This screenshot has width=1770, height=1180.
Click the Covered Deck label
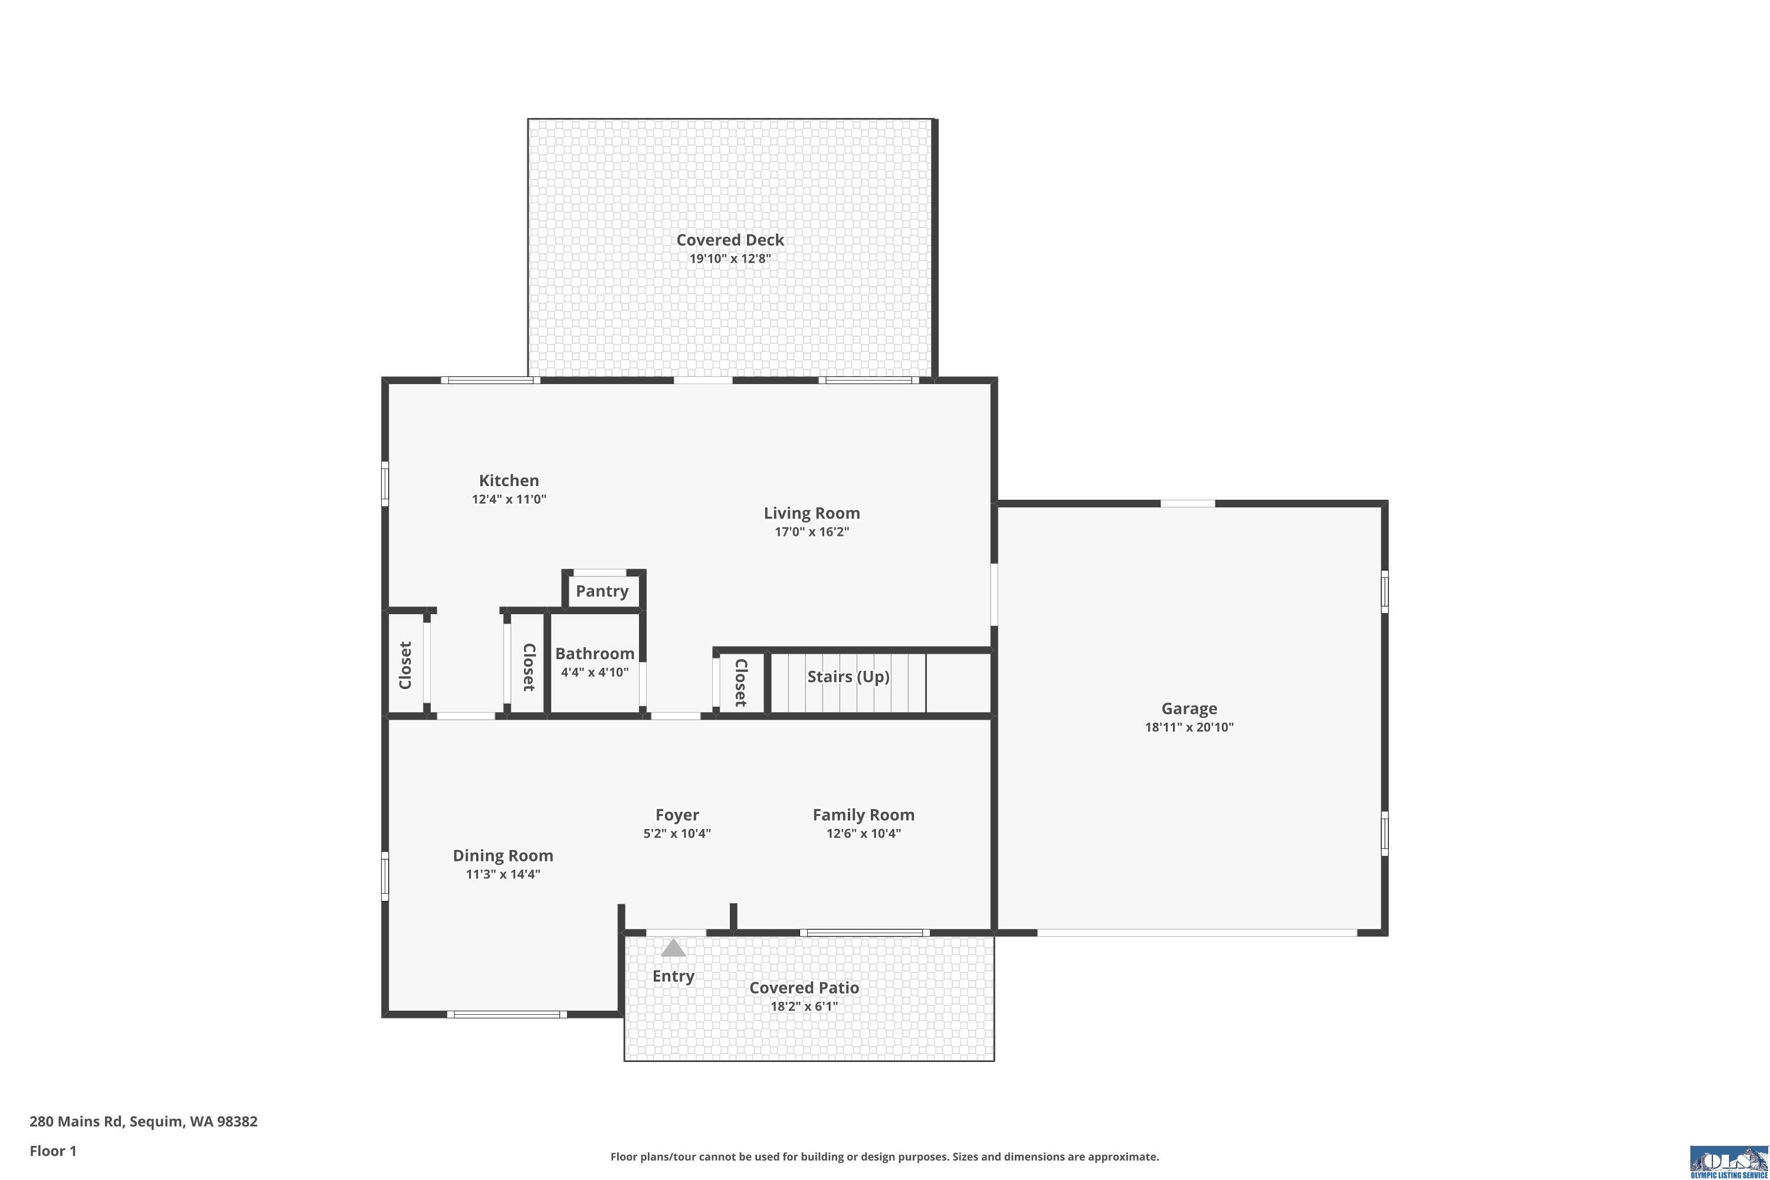(x=730, y=240)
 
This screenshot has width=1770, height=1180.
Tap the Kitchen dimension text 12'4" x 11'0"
(x=509, y=499)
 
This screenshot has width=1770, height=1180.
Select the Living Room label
(x=811, y=513)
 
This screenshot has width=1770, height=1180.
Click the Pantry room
(x=602, y=591)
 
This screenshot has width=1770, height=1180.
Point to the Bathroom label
(x=595, y=653)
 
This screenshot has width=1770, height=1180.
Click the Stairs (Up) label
(x=848, y=677)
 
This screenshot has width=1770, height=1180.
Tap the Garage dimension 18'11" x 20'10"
(x=1189, y=727)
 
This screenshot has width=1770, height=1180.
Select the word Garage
(x=1189, y=708)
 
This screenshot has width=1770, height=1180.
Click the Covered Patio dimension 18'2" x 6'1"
(x=804, y=1006)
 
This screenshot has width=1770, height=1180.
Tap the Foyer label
(x=677, y=814)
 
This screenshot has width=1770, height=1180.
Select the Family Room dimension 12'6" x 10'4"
(x=863, y=833)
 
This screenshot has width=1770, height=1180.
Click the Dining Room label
(x=503, y=855)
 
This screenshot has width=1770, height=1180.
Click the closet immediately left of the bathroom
(x=528, y=667)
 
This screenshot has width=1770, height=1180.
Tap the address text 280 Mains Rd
(x=76, y=1122)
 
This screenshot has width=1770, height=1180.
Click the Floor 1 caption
(x=53, y=1150)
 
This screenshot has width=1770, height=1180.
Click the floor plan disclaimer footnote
(x=884, y=1156)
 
